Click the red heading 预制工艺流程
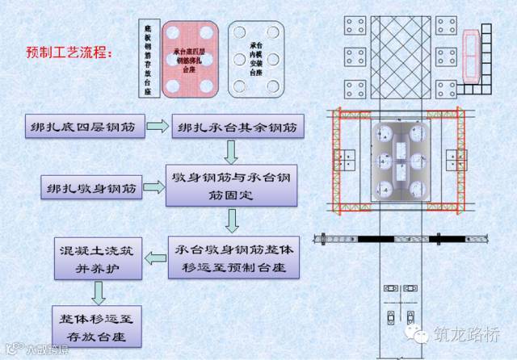coord(69,52)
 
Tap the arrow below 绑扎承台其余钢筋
coord(232,151)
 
